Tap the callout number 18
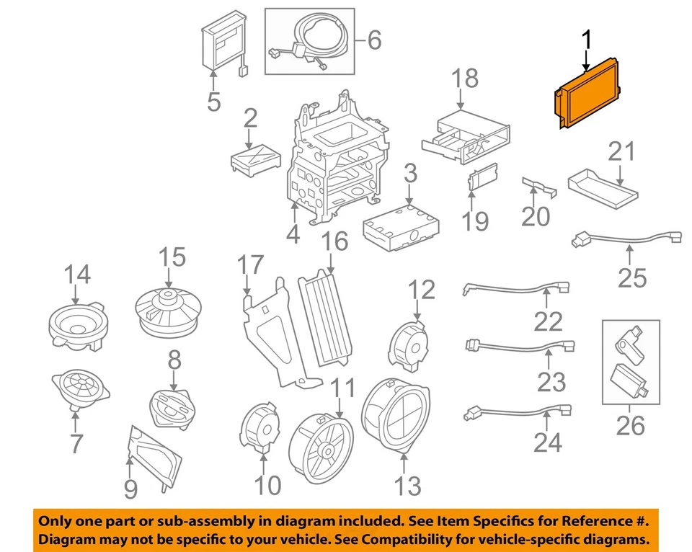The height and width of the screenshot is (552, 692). coord(466,79)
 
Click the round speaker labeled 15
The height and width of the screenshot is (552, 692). coord(168,311)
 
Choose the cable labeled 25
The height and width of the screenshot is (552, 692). coord(627,239)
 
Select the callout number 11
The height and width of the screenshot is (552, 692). coord(344,390)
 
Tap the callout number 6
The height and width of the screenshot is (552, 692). coord(373,40)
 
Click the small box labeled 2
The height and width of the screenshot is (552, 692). coord(254,158)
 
